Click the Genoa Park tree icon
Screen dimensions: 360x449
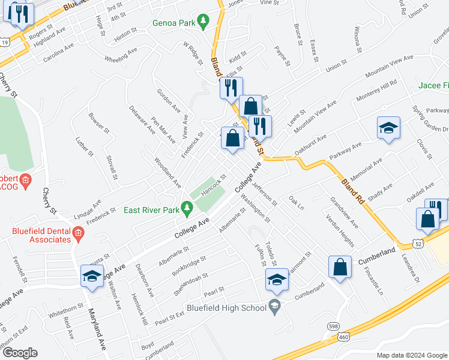tap(203, 22)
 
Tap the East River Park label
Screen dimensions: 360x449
tap(151, 210)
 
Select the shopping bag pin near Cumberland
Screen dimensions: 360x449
tap(340, 267)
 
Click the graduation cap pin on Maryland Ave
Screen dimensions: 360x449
tap(92, 275)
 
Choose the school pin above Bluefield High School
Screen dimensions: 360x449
tap(276, 279)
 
